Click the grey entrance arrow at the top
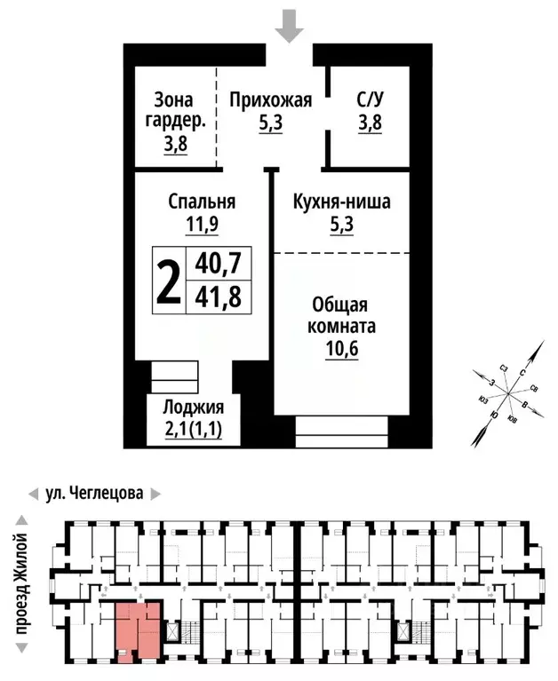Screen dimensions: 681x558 pyautogui.click(x=287, y=26)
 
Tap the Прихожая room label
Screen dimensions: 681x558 pyautogui.click(x=271, y=100)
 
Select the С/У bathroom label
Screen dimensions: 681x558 pyautogui.click(x=370, y=100)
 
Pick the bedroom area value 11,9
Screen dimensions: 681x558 pyautogui.click(x=202, y=224)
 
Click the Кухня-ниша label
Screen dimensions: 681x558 pyautogui.click(x=342, y=202)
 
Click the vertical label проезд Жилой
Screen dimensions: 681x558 pyautogui.click(x=21, y=582)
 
